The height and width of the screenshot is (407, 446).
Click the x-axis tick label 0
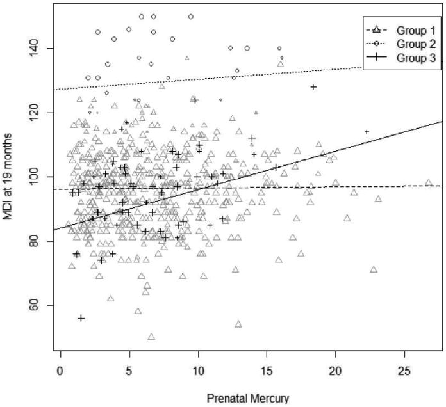[60, 371]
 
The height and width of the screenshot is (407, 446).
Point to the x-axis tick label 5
[129, 371]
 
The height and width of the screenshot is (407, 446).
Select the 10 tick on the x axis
[198, 371]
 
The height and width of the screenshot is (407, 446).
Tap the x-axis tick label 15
[267, 371]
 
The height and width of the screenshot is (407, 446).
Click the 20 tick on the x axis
[335, 371]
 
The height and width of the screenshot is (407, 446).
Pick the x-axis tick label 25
[404, 371]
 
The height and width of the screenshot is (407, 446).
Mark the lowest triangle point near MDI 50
[151, 337]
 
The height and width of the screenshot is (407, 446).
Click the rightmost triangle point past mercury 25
[429, 183]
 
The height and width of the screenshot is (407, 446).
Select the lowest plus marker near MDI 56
[81, 318]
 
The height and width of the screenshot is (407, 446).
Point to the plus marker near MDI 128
[313, 87]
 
